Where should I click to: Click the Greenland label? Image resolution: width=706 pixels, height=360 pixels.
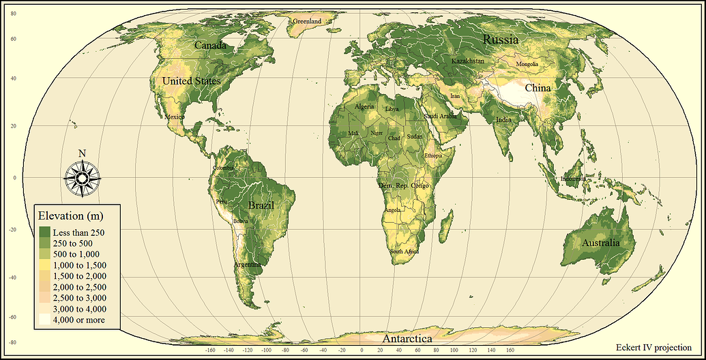click(x=307, y=21)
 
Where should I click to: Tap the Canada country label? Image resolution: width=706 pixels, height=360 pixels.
click(x=211, y=45)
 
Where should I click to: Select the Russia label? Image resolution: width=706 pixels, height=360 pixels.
click(x=501, y=40)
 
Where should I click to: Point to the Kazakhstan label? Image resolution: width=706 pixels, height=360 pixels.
click(x=468, y=61)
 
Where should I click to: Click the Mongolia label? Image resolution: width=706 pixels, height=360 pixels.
click(x=527, y=64)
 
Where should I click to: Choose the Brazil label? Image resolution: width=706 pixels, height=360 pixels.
click(x=261, y=205)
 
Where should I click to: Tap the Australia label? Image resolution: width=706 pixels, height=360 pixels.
click(x=601, y=243)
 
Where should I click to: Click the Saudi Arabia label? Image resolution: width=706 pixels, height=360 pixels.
click(x=440, y=116)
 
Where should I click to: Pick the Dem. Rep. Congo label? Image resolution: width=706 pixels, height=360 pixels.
click(x=403, y=185)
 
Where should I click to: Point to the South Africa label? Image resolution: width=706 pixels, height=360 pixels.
click(x=404, y=252)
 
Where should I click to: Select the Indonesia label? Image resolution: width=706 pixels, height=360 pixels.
click(x=573, y=179)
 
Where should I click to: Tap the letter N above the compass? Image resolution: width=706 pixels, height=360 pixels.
click(x=82, y=153)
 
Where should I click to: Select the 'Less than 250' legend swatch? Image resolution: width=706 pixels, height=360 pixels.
click(x=46, y=232)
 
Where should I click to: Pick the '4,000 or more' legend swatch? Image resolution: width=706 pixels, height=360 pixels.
click(x=46, y=319)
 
